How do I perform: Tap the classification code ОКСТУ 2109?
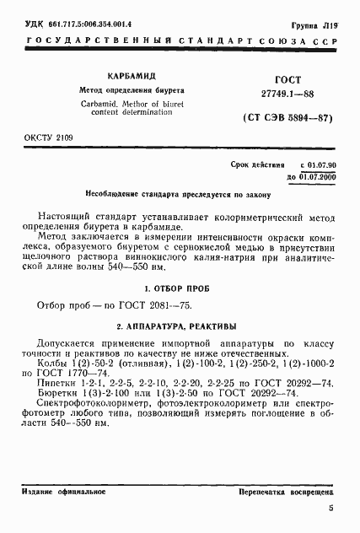pos(41,136)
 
